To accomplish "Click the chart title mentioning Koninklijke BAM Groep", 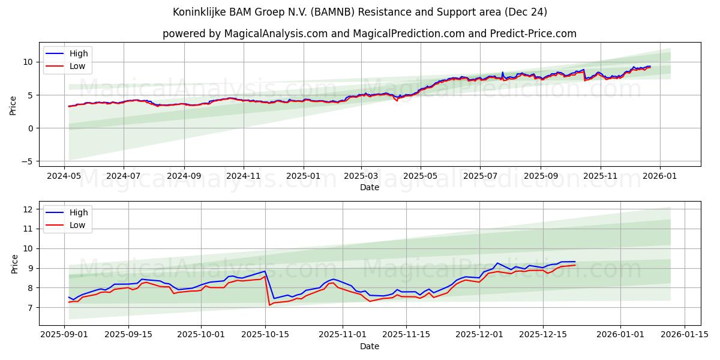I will (360, 12).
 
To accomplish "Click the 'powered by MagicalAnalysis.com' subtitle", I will (370, 34).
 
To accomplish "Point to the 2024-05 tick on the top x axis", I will (64, 177).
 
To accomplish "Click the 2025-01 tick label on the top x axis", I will (303, 177).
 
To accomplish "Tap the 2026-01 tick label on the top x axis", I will (660, 177).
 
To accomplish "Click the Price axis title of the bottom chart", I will (15, 263).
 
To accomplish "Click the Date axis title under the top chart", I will (370, 188).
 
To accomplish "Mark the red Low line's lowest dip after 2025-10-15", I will (269, 305).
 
